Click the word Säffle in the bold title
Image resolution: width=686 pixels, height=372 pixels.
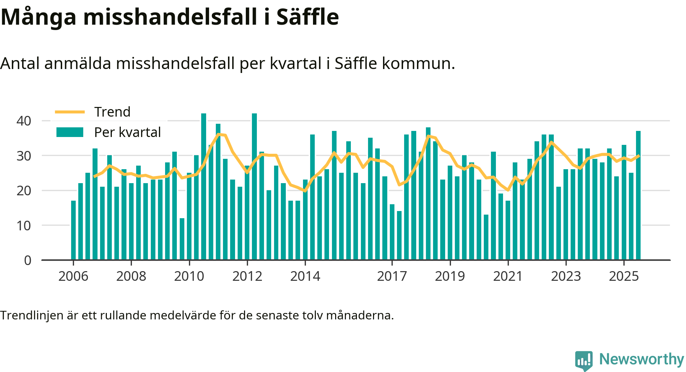pos(307,17)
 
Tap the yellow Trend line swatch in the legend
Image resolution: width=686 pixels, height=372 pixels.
pos(70,112)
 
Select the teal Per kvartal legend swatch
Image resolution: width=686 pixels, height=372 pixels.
pos(70,132)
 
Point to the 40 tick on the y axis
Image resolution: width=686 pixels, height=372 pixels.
pos(24,121)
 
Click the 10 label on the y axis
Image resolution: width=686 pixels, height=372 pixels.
pos(24,226)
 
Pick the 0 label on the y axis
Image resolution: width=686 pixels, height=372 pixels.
pos(28,260)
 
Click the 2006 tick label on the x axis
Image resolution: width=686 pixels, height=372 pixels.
pos(73,276)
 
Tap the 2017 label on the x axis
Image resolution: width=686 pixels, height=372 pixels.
pos(392,276)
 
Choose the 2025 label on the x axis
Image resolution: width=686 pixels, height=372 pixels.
pos(624,276)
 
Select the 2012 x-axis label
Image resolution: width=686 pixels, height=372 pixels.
pos(247,276)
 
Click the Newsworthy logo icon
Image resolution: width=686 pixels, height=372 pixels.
pos(584,360)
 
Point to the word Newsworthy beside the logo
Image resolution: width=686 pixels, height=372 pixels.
pos(641,359)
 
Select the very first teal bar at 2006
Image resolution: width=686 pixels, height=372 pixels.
pos(73,230)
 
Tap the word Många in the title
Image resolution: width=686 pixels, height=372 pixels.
pos(39,17)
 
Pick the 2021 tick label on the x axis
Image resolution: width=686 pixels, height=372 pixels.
pos(508,276)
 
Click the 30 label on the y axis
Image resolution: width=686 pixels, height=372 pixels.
pos(24,156)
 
